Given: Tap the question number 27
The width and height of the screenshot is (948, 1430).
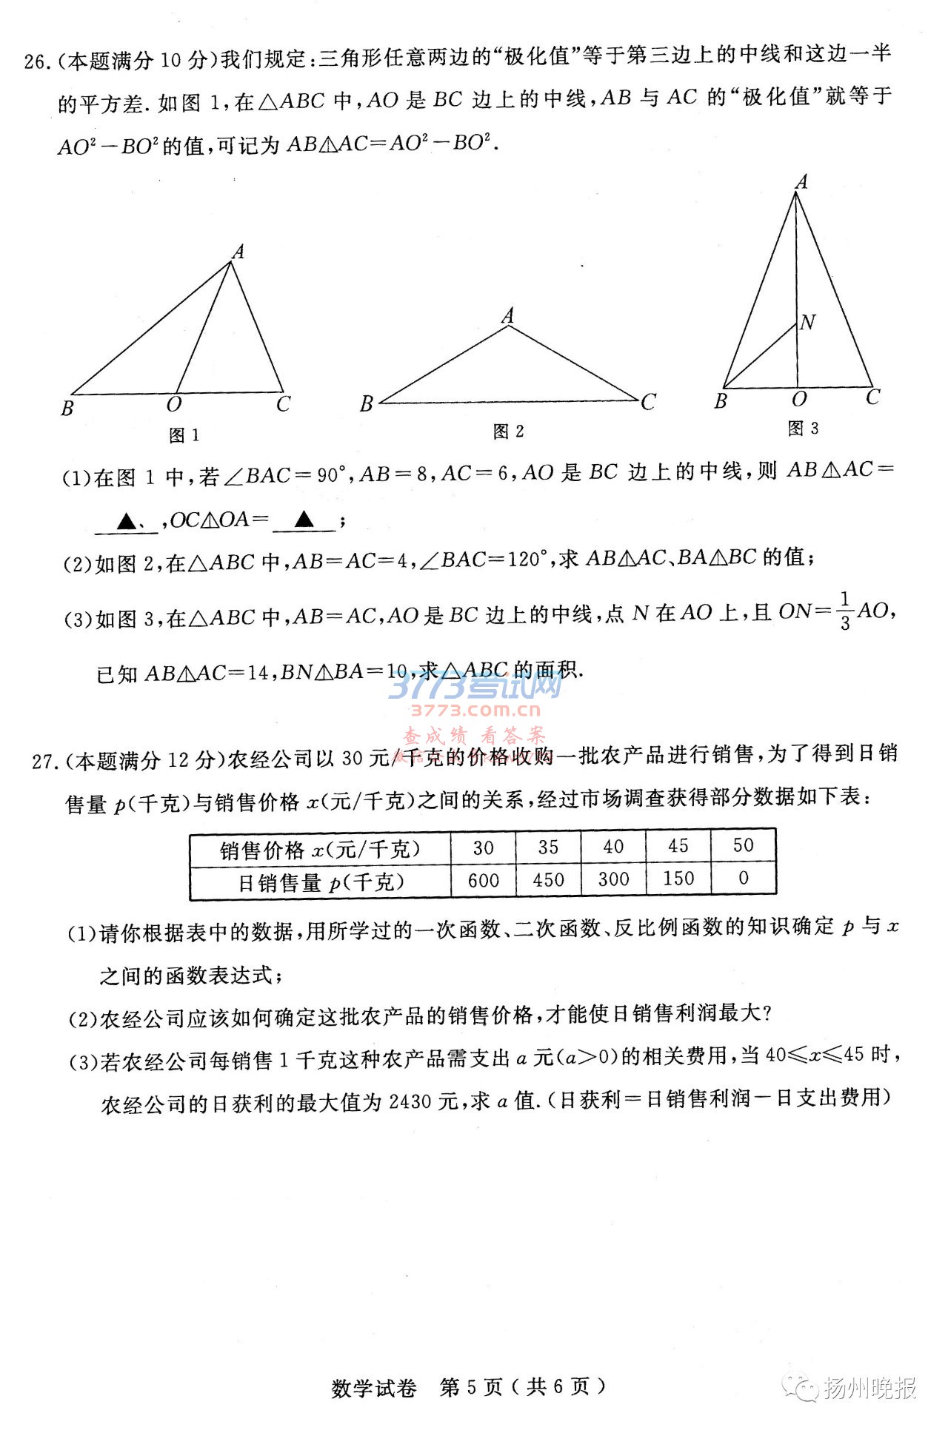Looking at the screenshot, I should click(x=44, y=761).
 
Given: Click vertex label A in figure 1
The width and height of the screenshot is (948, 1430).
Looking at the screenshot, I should click(x=238, y=252).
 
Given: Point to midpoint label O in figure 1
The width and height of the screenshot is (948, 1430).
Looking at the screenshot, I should click(x=174, y=405).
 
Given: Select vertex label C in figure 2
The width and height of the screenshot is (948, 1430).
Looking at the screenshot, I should click(x=649, y=402).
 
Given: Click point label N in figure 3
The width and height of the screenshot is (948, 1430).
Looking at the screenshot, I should click(x=808, y=322).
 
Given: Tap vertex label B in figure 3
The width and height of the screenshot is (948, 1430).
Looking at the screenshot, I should click(x=721, y=401).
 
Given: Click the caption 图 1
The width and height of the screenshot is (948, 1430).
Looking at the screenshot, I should click(x=184, y=435).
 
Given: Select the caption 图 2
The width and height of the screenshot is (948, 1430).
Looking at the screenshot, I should click(x=509, y=432).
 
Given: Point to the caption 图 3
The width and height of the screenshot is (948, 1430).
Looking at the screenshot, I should click(x=804, y=428).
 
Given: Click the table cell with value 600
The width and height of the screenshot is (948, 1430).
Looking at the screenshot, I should click(x=484, y=880).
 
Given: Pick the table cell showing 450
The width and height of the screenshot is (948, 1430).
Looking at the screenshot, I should click(x=549, y=880).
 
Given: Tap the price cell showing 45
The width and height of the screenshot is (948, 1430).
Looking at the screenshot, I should click(x=678, y=846).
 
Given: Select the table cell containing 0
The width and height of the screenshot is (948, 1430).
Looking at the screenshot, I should click(x=744, y=879).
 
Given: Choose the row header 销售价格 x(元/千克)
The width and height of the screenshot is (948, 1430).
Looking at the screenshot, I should click(x=320, y=849).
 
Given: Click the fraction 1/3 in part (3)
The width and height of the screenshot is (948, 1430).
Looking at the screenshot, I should click(x=845, y=611).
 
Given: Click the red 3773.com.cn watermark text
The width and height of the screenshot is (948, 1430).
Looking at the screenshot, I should click(x=476, y=711).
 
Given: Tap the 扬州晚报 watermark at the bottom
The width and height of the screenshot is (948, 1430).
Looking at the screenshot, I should click(x=870, y=1388).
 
